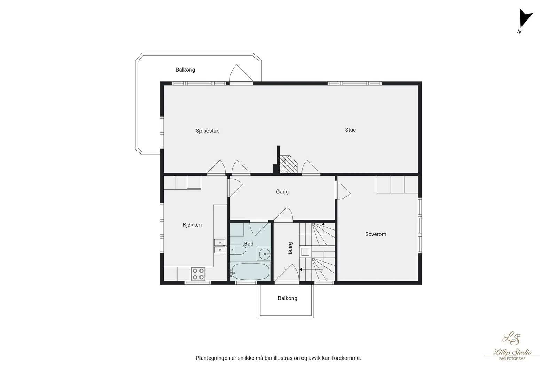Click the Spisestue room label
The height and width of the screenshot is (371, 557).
pyautogui.click(x=207, y=131)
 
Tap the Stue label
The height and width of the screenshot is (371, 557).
pyautogui.click(x=350, y=130)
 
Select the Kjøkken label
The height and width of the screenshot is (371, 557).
pyautogui.click(x=192, y=225)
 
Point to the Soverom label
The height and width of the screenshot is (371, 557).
pyautogui.click(x=376, y=234)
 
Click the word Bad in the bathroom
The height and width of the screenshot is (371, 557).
pyautogui.click(x=249, y=244)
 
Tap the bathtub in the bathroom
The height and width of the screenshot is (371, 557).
pyautogui.click(x=250, y=272)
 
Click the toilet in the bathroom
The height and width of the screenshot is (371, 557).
pyautogui.click(x=238, y=250)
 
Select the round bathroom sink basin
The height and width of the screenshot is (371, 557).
pyautogui.click(x=264, y=254)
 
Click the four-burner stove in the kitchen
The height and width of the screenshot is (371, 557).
pyautogui.click(x=198, y=274)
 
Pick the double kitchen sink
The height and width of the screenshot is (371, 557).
pyautogui.click(x=220, y=246)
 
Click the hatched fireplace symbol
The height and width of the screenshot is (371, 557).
pyautogui.click(x=289, y=164)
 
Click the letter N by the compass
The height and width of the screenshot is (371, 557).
pyautogui.click(x=519, y=32)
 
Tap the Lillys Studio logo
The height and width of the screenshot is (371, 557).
pyautogui.click(x=512, y=346)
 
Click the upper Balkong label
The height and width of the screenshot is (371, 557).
pyautogui.click(x=185, y=70)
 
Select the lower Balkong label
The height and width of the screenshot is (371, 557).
pyautogui.click(x=288, y=298)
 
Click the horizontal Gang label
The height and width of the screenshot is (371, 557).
pyautogui.click(x=282, y=192)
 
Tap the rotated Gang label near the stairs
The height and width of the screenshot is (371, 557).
pyautogui.click(x=290, y=248)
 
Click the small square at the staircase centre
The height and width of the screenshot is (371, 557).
pyautogui.click(x=306, y=252)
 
